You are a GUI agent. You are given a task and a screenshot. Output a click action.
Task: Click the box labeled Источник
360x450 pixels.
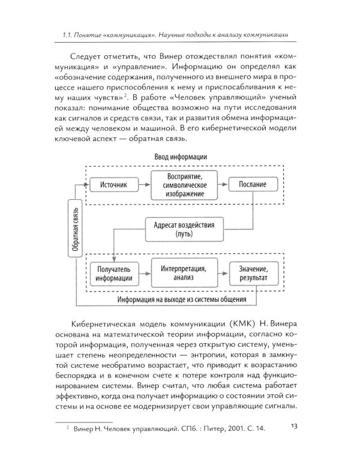click(115, 185)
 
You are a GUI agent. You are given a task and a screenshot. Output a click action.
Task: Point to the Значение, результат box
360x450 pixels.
click(250, 273)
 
